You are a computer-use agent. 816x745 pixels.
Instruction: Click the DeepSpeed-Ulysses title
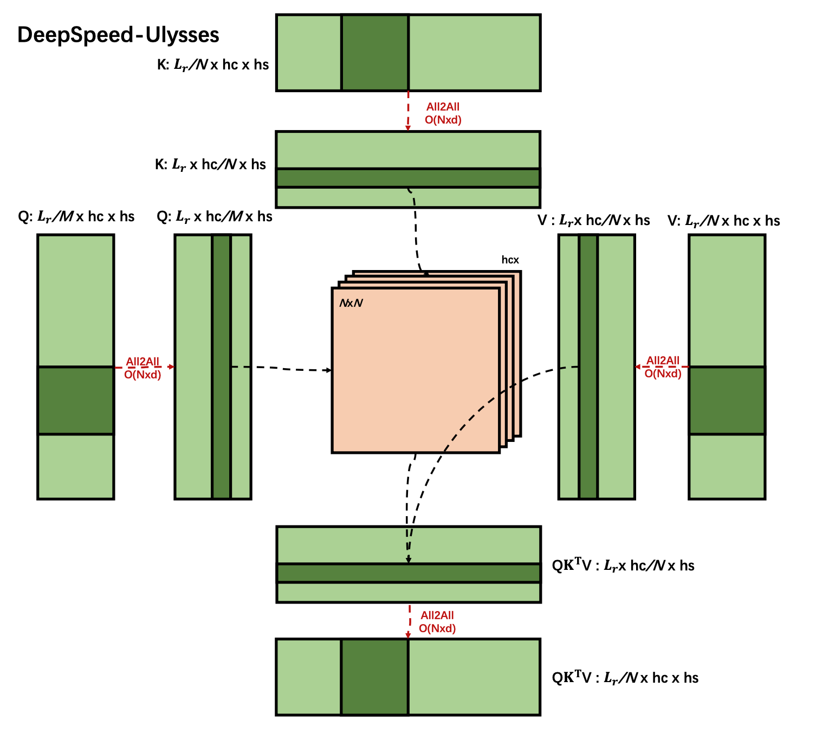tap(118, 35)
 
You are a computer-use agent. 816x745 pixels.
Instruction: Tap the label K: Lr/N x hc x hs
tap(213, 65)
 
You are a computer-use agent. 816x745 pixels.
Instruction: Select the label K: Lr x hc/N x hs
tap(210, 165)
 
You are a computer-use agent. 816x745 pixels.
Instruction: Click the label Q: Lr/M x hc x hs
tap(76, 217)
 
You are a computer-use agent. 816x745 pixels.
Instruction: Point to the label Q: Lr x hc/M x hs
tap(215, 217)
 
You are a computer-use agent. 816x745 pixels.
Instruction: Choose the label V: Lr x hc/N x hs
tap(593, 220)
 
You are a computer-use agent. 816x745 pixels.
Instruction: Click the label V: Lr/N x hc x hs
tap(723, 221)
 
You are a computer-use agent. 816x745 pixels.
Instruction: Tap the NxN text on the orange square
tap(351, 303)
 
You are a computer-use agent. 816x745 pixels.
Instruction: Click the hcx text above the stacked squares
tap(510, 260)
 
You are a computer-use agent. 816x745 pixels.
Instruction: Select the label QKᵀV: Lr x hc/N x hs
tap(623, 566)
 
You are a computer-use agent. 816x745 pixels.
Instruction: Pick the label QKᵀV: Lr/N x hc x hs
tap(625, 678)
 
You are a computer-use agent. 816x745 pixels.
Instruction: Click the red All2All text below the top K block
tap(443, 107)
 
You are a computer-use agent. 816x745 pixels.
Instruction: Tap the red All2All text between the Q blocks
tap(143, 362)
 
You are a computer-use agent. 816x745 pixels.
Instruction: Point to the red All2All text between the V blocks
tap(663, 361)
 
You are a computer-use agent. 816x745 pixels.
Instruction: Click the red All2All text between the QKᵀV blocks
tap(437, 615)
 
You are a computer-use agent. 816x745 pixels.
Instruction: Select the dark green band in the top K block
tap(375, 53)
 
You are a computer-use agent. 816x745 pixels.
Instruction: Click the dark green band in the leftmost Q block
tap(76, 400)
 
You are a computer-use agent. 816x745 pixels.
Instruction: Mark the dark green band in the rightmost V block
tap(727, 400)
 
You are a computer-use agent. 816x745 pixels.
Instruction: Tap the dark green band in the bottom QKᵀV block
tap(375, 677)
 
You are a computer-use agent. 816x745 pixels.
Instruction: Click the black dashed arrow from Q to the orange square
tap(282, 369)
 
